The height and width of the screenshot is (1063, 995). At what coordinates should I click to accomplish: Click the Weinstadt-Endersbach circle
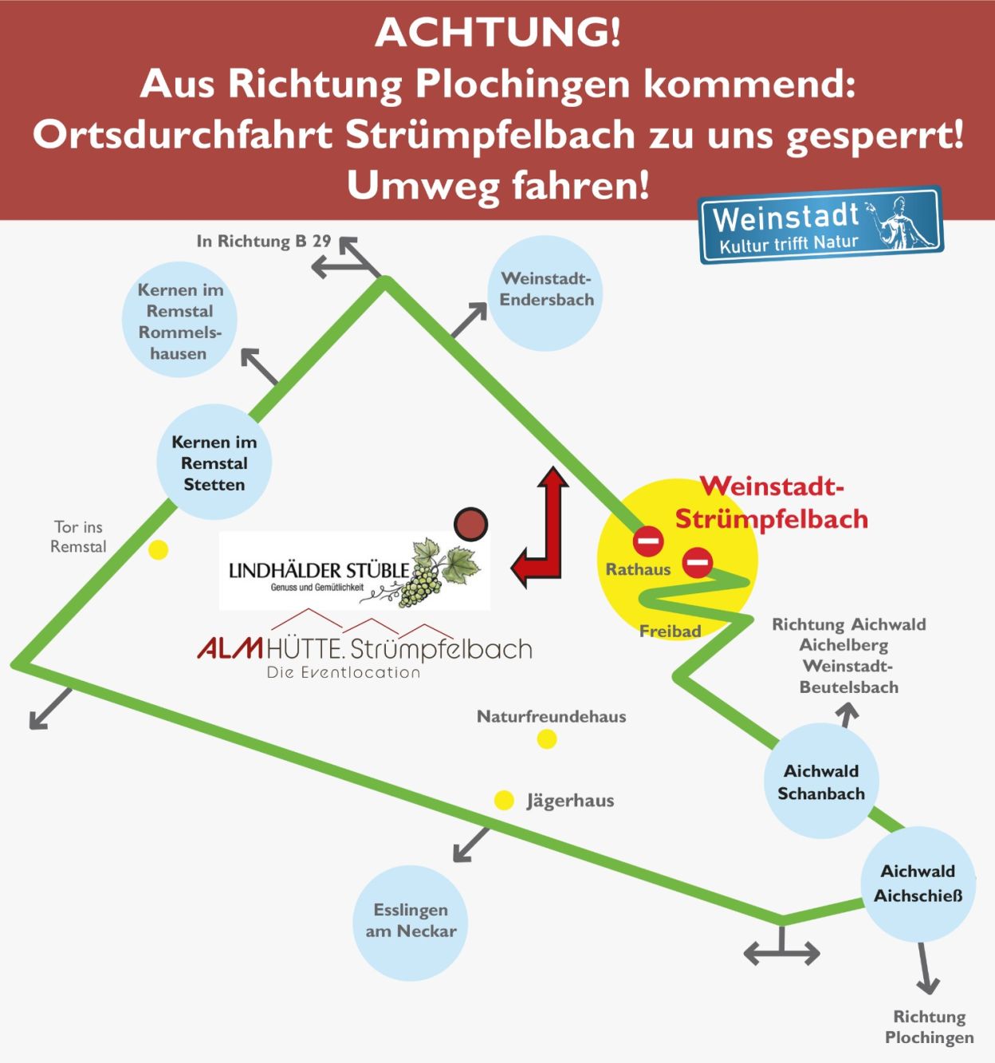(545, 293)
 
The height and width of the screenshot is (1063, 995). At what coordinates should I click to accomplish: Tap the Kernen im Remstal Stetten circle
(214, 463)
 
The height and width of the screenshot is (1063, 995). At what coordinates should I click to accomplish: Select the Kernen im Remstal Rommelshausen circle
(179, 320)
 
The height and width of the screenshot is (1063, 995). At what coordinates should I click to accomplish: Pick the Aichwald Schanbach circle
(821, 781)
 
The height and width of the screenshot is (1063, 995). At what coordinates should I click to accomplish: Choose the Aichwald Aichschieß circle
(918, 883)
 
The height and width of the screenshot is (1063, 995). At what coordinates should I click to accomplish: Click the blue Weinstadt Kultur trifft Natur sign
(820, 226)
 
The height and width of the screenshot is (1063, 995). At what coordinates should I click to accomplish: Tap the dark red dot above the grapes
(470, 525)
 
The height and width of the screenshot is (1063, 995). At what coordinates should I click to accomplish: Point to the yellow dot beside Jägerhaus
(504, 800)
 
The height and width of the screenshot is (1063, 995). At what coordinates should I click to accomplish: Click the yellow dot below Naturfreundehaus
(546, 739)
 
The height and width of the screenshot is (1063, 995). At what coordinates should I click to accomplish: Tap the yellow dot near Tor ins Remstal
(159, 549)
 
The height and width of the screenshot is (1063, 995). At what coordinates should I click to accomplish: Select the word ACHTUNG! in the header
(498, 32)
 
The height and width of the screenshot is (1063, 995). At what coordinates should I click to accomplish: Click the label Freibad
(670, 631)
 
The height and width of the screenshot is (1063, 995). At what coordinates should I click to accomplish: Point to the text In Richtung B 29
(263, 241)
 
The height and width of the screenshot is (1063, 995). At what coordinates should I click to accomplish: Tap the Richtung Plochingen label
(929, 1027)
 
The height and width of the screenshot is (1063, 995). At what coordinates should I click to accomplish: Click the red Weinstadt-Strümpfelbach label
(771, 502)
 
